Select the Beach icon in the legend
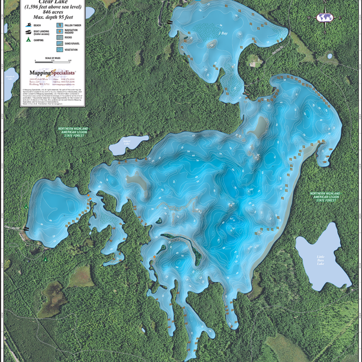tap(29, 25)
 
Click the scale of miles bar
tap(53, 61)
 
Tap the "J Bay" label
tap(222, 33)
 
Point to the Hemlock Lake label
tap(9, 77)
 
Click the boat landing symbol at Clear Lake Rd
tap(26, 229)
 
